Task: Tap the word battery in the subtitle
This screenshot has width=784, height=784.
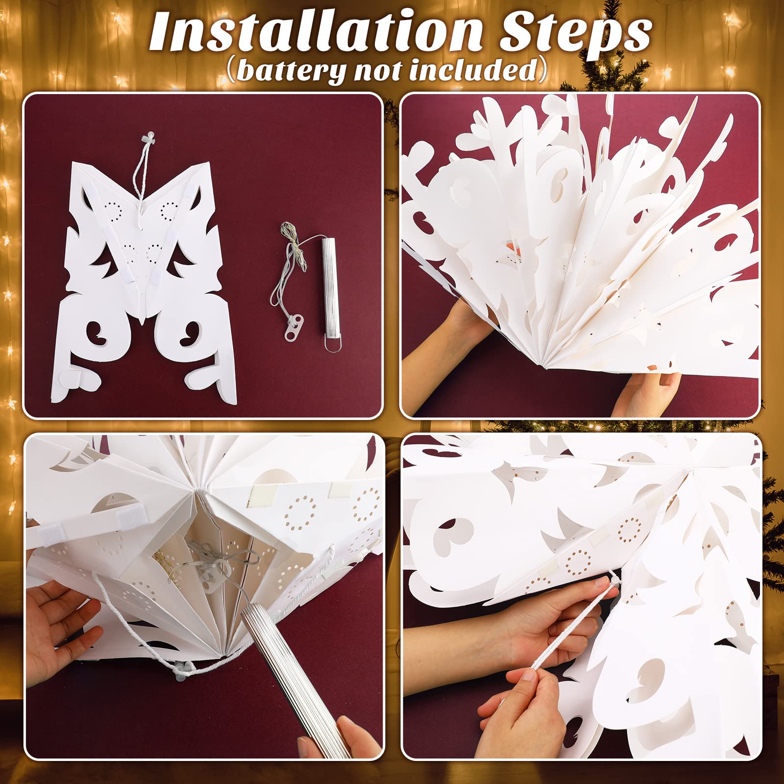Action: tap(291, 70)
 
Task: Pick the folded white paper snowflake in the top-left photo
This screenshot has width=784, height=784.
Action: tap(143, 274)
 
